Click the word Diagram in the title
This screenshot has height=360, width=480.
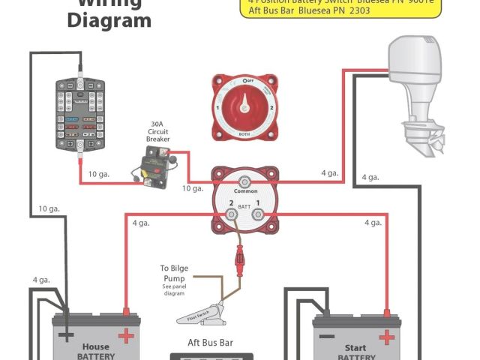[x=109, y=20]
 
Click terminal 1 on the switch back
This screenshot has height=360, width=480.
[x=257, y=215]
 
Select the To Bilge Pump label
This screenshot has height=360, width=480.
[x=174, y=274]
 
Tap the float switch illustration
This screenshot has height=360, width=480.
[x=210, y=312]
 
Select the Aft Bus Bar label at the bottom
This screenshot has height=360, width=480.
[x=211, y=343]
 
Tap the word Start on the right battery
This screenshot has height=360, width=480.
[x=356, y=347]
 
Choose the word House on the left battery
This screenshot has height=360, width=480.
[x=95, y=347]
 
